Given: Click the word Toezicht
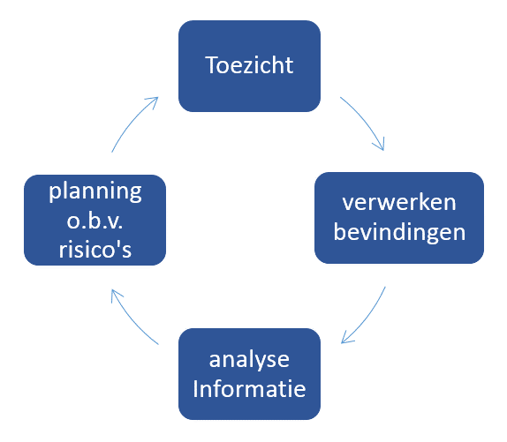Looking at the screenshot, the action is click(x=249, y=65).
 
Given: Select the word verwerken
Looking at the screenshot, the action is click(x=399, y=203).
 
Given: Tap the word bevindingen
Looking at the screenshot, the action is click(x=399, y=233).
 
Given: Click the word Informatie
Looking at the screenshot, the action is click(x=249, y=389).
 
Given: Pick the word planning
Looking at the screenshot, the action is click(x=95, y=191).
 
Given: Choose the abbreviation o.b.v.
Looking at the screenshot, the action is click(x=95, y=221).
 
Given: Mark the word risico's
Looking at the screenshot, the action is click(x=95, y=249).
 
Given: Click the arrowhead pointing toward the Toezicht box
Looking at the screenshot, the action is click(x=154, y=101).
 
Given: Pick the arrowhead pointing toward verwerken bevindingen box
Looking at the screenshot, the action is click(x=380, y=146).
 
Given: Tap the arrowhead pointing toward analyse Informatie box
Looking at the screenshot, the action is click(x=346, y=339).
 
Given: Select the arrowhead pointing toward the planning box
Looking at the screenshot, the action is click(x=115, y=294).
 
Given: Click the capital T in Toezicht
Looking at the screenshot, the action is click(x=212, y=65).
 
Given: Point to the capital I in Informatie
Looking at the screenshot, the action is click(x=195, y=389).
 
